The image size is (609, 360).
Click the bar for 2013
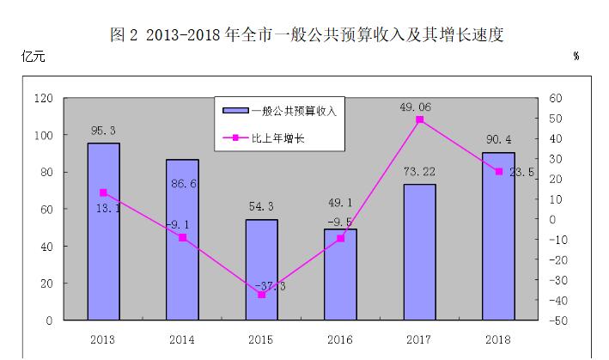[x=103, y=231]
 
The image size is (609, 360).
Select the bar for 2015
[x=261, y=269]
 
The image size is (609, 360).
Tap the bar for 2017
[x=419, y=252]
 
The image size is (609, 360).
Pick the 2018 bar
[x=498, y=236]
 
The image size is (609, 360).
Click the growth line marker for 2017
[x=419, y=120]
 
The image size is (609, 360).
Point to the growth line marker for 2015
[x=261, y=295]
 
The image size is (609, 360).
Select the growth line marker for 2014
[x=182, y=237]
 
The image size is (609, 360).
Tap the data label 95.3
[x=104, y=131]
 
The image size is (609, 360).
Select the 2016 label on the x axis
[x=340, y=339]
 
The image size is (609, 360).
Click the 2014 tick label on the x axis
[x=182, y=339]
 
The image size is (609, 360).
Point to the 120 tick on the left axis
[x=43, y=99]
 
